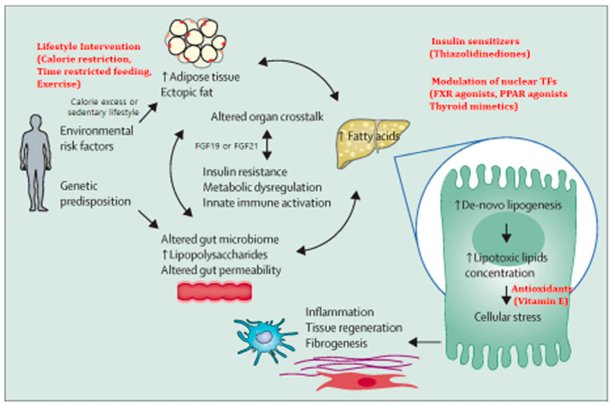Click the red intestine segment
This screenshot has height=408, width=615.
point(215,292)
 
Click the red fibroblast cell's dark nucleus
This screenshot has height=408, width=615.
point(367,382)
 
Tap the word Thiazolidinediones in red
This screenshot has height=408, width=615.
point(480,54)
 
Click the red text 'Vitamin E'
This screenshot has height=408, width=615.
point(541,301)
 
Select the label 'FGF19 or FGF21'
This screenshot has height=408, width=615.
point(226,146)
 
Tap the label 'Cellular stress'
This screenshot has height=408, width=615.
point(507,317)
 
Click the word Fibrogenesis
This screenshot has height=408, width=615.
point(336,344)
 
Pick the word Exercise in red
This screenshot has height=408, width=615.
point(59,84)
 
